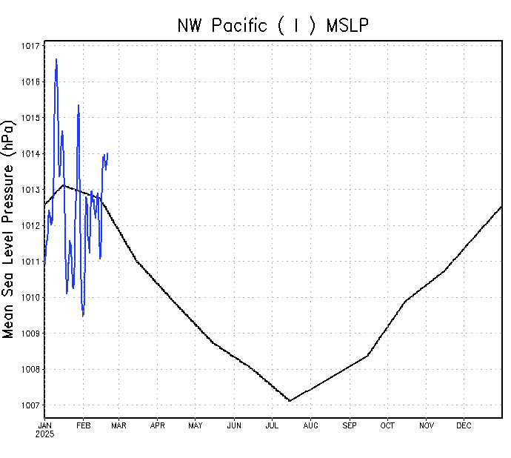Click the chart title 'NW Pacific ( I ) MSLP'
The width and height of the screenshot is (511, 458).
click(x=273, y=25)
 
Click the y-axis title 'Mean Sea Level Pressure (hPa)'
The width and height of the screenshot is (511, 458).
click(x=9, y=228)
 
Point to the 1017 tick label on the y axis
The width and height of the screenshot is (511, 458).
click(x=31, y=46)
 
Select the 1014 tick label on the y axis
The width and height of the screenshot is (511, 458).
click(x=31, y=154)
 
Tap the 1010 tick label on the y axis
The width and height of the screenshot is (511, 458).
click(x=31, y=298)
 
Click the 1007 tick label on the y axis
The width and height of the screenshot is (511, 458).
click(x=31, y=405)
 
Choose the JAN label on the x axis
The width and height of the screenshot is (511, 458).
click(x=45, y=425)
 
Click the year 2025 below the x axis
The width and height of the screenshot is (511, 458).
click(x=45, y=434)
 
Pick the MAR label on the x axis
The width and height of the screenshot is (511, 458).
click(x=118, y=425)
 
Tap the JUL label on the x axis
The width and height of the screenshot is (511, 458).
click(x=272, y=425)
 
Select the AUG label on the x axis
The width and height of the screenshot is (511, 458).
click(x=310, y=425)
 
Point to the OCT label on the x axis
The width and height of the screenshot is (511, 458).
click(x=387, y=425)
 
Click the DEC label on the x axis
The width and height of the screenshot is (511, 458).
click(x=464, y=425)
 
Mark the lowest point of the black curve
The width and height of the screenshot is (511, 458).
click(x=290, y=401)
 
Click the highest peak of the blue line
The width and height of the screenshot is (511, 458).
click(x=56, y=59)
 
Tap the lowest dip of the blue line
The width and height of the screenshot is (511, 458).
click(x=83, y=316)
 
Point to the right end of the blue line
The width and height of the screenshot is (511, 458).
click(x=107, y=153)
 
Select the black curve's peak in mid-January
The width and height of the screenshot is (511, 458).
click(x=64, y=185)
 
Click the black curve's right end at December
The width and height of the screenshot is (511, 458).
click(x=501, y=206)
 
